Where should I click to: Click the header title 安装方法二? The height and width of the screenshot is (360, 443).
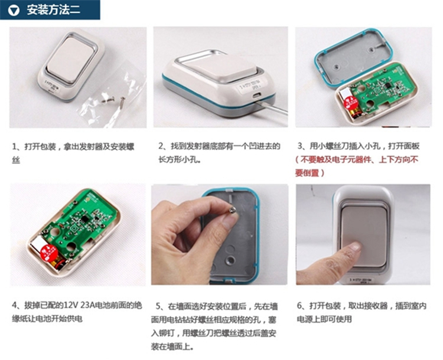tap(53, 10)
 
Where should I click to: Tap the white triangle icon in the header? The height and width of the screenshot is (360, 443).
tap(14, 11)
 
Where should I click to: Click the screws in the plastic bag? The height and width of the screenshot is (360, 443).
tap(115, 100)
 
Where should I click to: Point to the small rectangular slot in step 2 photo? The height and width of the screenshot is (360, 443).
tap(257, 96)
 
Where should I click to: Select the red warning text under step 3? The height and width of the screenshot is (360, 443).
tap(356, 166)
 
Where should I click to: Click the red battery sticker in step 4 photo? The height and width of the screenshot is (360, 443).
tap(48, 253)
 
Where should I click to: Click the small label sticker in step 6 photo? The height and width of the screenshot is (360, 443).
tap(361, 280)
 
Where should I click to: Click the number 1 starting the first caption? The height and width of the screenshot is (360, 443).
tap(14, 147)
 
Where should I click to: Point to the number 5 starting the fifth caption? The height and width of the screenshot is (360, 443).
tap(158, 306)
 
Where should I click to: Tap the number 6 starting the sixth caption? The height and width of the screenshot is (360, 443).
tap(299, 306)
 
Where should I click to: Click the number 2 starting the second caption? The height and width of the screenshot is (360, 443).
tap(161, 146)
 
